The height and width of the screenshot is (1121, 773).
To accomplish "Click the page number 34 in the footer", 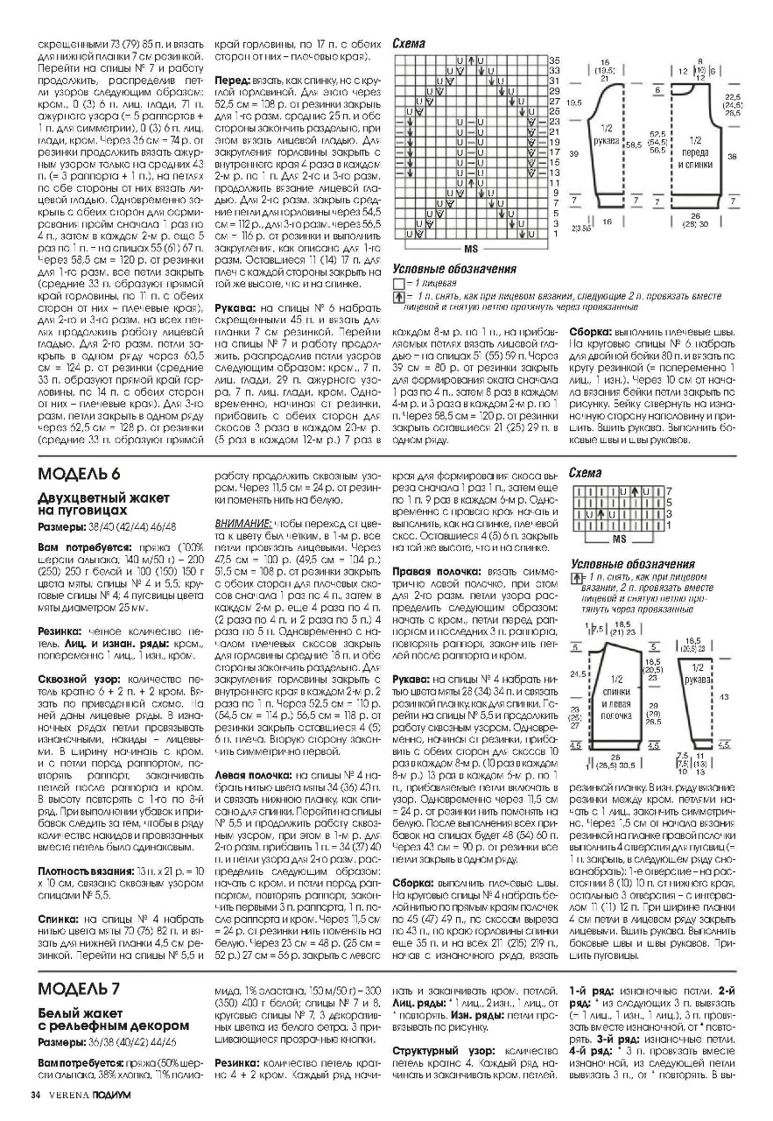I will (x=36, y=1095).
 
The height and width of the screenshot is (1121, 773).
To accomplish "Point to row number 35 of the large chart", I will (x=554, y=59).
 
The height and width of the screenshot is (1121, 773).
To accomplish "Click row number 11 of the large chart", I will (x=554, y=183).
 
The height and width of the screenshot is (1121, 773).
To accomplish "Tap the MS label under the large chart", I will (x=470, y=248).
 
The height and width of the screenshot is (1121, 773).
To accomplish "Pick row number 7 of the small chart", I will (x=670, y=491).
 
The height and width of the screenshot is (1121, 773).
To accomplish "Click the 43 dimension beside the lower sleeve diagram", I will (x=723, y=695).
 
